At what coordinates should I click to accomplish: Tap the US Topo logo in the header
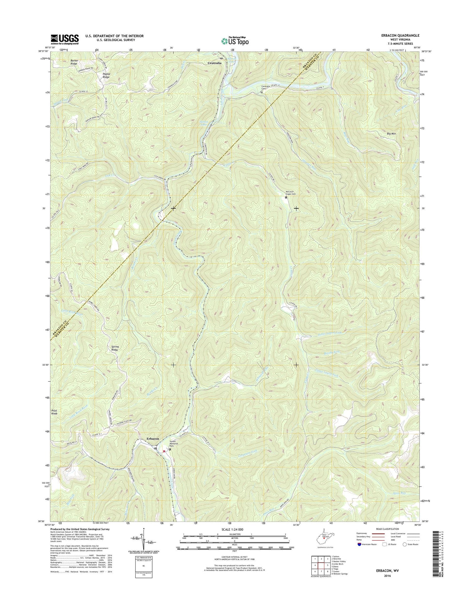coord(235,41)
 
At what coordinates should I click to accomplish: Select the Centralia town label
coord(214,63)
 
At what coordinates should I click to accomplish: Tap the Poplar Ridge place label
coord(106,75)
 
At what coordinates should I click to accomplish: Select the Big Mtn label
coord(391,134)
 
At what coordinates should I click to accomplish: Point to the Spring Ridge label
coord(115,348)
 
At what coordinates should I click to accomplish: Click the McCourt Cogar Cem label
coord(291,193)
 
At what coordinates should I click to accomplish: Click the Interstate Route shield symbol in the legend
coord(359,544)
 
